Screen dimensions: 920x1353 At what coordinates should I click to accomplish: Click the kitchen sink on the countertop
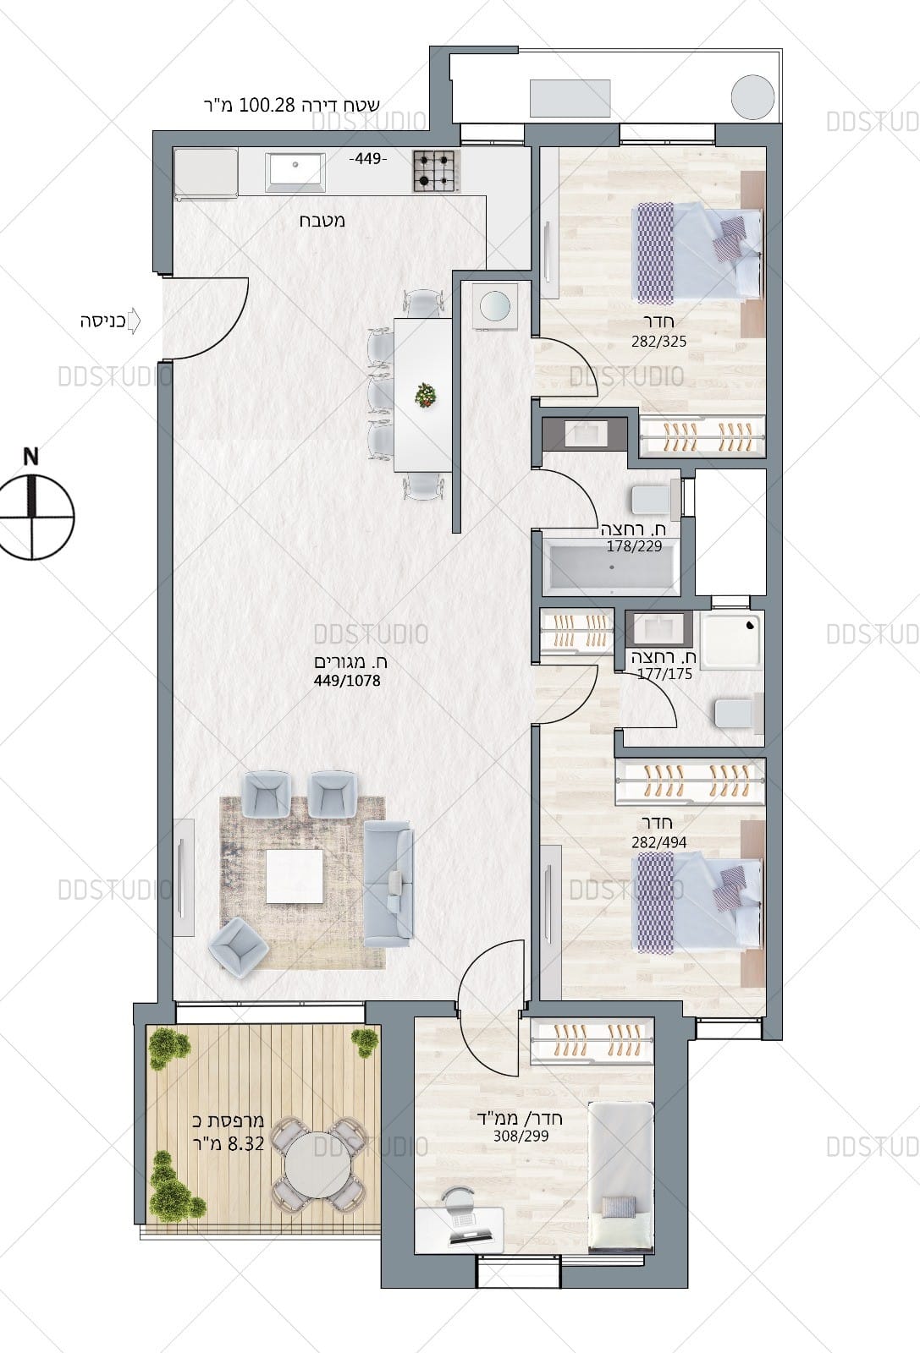tap(296, 168)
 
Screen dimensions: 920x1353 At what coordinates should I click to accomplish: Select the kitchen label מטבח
tap(322, 221)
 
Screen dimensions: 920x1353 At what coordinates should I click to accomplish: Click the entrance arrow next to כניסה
tap(134, 321)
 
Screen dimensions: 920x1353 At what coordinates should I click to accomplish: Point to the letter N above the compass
tap(30, 457)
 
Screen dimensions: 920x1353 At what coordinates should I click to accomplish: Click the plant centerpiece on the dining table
tap(426, 395)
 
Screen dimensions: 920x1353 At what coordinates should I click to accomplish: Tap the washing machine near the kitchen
tap(495, 306)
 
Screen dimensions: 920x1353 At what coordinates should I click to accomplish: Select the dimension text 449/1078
tap(347, 681)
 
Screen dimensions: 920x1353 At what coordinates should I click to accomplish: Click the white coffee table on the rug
tap(295, 876)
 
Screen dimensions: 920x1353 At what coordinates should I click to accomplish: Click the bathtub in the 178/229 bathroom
tap(611, 567)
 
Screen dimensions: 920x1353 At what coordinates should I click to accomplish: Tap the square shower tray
tap(731, 640)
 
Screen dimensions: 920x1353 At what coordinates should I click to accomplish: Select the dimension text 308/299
tap(521, 1137)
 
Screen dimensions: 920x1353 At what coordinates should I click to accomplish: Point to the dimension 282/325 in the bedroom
tap(658, 342)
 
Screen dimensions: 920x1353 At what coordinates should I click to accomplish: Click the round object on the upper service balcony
tap(752, 96)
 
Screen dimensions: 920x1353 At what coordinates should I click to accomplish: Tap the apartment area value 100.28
tap(267, 105)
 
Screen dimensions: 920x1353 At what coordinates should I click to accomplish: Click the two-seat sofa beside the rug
tap(388, 884)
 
